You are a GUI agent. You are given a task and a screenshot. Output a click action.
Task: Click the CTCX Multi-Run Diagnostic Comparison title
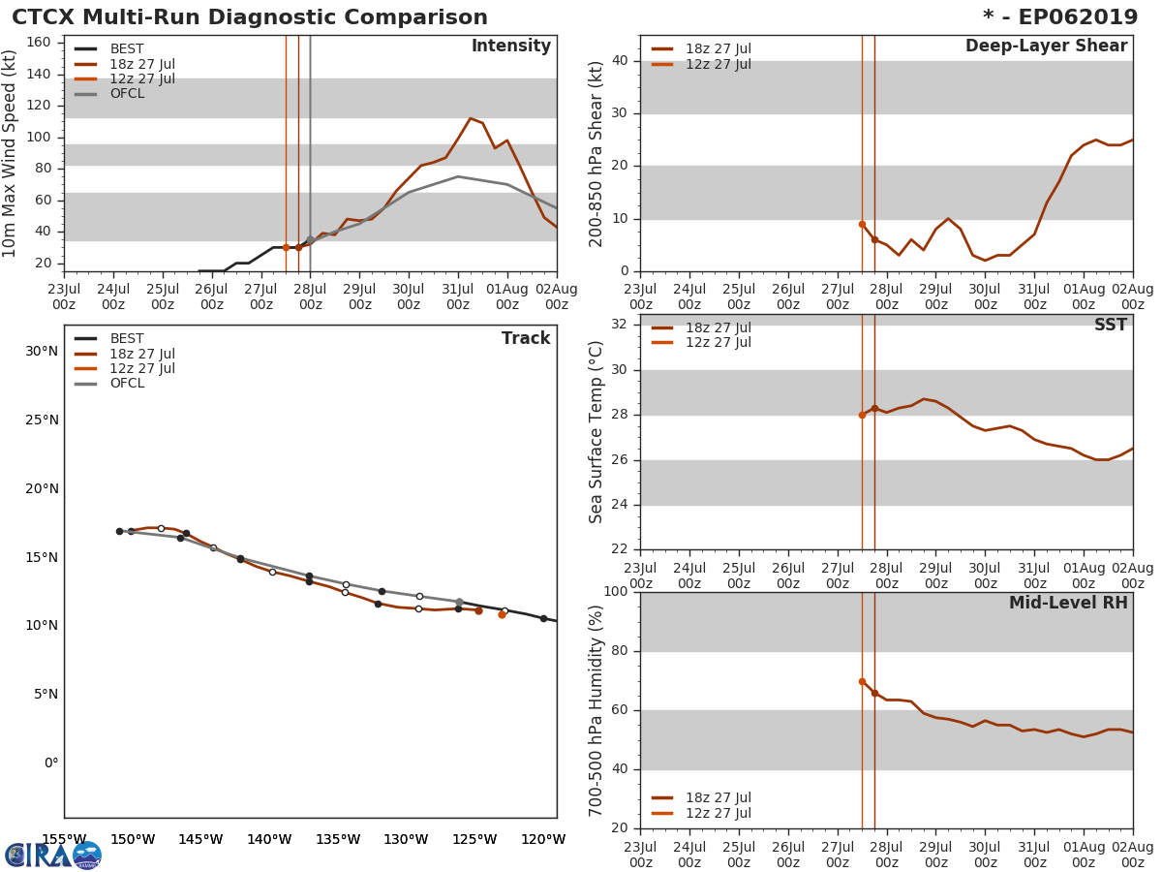click(250, 17)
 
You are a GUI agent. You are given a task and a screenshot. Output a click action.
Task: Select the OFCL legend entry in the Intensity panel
click(126, 94)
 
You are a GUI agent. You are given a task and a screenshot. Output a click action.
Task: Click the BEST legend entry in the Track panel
click(126, 339)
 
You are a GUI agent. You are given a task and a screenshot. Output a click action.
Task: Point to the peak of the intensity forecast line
click(471, 118)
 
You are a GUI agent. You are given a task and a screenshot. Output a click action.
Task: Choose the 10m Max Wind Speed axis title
click(11, 153)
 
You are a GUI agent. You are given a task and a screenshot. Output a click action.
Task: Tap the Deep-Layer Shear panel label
click(1046, 47)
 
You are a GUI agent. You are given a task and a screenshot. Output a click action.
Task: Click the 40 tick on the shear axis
click(620, 61)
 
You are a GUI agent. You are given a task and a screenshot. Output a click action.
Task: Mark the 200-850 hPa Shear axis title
click(597, 153)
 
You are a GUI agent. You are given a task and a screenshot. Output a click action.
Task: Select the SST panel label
click(1110, 326)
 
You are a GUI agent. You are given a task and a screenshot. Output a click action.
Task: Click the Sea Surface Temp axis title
click(597, 431)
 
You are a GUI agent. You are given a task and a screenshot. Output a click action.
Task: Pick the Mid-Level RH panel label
click(1068, 604)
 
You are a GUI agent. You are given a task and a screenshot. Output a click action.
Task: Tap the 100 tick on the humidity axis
click(616, 592)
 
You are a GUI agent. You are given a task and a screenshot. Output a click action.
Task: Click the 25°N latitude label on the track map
click(42, 420)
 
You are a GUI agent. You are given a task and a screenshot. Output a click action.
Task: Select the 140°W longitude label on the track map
click(269, 839)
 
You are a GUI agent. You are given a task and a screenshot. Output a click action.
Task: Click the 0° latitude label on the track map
click(50, 763)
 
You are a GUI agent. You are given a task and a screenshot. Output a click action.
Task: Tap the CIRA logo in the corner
click(53, 856)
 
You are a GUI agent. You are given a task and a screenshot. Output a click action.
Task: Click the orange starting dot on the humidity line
click(862, 682)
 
